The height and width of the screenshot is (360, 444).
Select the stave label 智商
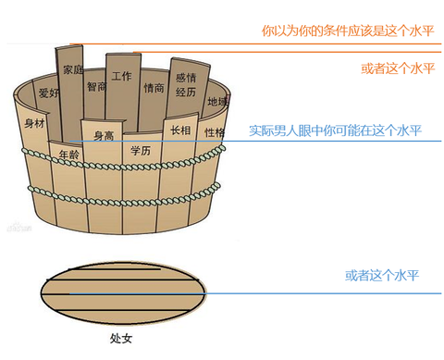[x=96, y=87]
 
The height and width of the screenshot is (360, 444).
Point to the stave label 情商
[x=154, y=88]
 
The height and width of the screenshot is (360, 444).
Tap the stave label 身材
[x=34, y=123]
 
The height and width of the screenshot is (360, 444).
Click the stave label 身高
[x=104, y=136]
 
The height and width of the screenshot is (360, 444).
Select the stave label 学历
[x=140, y=150]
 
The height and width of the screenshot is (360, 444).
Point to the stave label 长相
[x=180, y=131]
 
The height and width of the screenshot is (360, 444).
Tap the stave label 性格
[x=214, y=132]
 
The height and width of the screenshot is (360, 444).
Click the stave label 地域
[x=216, y=101]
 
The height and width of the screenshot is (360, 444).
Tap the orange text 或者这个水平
[x=397, y=68]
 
